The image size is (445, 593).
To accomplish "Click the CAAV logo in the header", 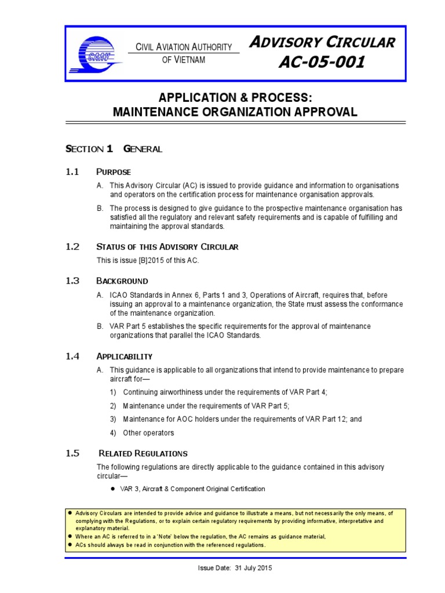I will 100,53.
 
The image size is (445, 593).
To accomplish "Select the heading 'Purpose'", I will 114,172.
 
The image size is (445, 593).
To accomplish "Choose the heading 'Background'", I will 122,281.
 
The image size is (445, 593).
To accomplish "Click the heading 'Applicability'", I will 124,356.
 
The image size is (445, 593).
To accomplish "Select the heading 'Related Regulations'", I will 143,453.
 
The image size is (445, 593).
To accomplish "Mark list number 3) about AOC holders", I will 113,419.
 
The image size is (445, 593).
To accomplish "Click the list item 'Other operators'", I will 148,433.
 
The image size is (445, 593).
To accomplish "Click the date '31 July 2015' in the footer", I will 253,568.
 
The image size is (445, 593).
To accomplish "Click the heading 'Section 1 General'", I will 114,149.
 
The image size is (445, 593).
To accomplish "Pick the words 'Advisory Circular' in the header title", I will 322,42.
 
